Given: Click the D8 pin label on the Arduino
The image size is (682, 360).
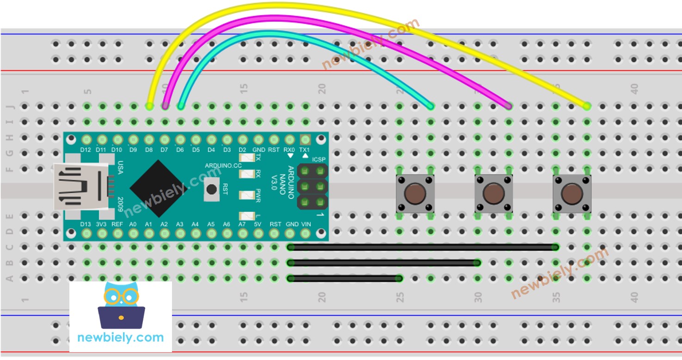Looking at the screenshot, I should [x=149, y=150].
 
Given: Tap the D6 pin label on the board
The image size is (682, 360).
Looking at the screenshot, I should [x=180, y=150].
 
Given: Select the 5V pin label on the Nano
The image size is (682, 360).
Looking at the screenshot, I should [x=258, y=224].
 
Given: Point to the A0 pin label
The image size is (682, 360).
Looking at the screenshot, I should [x=133, y=224].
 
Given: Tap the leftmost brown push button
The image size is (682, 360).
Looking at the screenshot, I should [x=415, y=194].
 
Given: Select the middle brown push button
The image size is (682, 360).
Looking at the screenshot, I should [x=493, y=194].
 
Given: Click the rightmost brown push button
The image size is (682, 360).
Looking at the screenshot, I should [x=572, y=194].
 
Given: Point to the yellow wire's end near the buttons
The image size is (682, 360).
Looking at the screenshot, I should [x=587, y=106].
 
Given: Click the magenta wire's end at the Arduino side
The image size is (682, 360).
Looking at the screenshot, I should [x=165, y=106].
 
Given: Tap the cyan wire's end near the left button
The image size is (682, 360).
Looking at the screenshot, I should [x=430, y=106].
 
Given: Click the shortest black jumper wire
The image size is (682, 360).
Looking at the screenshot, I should [x=344, y=278].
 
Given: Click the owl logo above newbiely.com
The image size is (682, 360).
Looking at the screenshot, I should [x=121, y=305].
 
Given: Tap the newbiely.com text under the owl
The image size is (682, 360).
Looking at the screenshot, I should [x=121, y=337].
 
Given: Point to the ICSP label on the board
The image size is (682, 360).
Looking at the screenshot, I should [x=319, y=159].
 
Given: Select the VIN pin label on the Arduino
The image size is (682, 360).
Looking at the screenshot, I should [x=306, y=224].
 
